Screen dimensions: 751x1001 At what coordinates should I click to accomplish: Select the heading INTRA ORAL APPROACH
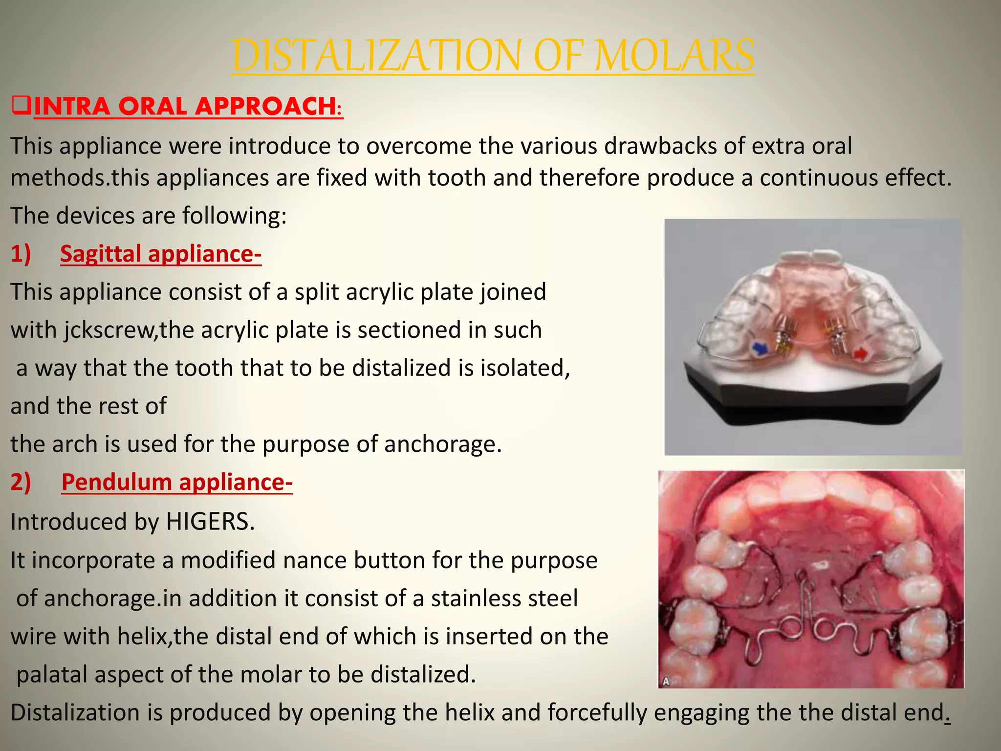tap(188, 106)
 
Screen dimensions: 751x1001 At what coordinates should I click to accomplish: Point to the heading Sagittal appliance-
tap(161, 254)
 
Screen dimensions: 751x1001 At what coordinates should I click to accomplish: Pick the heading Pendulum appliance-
tap(177, 483)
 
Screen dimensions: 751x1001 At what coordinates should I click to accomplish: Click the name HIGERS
tap(210, 522)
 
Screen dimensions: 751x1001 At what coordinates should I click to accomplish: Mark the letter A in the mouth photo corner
tap(665, 682)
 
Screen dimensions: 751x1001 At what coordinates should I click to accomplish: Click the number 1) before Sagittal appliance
tap(21, 254)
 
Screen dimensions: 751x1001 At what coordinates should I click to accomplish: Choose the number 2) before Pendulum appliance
tap(21, 483)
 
